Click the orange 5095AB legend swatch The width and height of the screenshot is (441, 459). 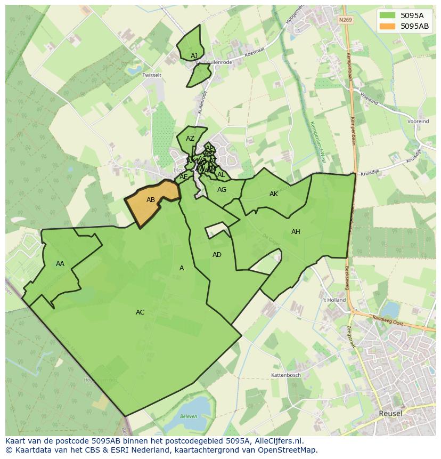tap(388, 26)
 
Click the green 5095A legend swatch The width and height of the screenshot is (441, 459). tap(388, 15)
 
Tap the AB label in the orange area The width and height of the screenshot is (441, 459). tap(151, 200)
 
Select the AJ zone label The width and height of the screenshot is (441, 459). tap(194, 55)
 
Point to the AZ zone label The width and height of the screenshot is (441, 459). tap(190, 139)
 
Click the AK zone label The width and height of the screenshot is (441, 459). tap(274, 194)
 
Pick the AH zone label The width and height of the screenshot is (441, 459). tap(296, 232)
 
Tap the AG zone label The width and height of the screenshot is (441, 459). tap(222, 190)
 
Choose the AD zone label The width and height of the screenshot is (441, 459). tap(217, 255)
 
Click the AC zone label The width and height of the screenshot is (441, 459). tap(140, 312)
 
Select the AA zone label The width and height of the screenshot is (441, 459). tap(60, 264)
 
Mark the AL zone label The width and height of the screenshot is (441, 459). tap(221, 175)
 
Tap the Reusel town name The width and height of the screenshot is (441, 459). tap(390, 413)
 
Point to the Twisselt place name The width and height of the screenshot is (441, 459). tap(152, 75)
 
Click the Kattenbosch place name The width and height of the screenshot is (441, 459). tap(287, 375)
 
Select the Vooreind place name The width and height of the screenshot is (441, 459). tap(418, 122)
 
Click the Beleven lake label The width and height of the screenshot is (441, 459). tap(188, 416)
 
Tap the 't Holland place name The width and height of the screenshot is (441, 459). tap(334, 300)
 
